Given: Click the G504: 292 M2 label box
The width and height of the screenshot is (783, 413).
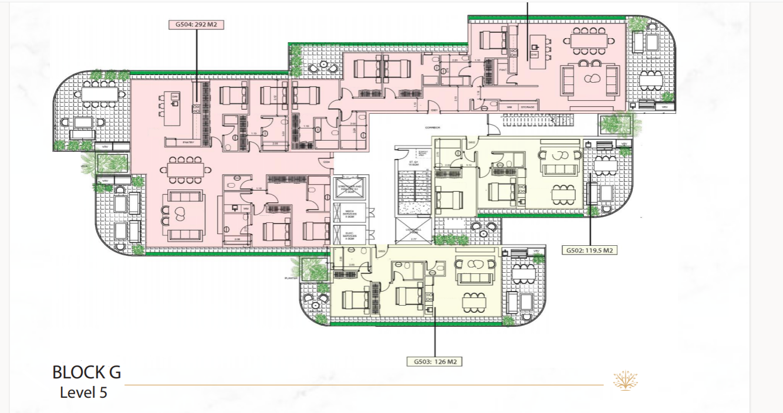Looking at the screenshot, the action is click(x=196, y=25).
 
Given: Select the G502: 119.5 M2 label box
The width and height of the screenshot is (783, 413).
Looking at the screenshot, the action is click(x=589, y=250).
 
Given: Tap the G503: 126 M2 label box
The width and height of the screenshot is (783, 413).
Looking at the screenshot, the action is click(x=434, y=361).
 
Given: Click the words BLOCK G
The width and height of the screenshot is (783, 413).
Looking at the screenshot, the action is click(x=86, y=373).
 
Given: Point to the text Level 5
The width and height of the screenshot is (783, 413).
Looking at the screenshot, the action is click(x=83, y=392).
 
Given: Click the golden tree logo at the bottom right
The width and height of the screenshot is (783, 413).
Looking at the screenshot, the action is click(x=626, y=381).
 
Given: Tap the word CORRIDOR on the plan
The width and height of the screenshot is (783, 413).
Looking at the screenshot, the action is click(x=433, y=127).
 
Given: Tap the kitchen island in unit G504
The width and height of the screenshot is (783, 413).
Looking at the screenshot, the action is click(x=170, y=109).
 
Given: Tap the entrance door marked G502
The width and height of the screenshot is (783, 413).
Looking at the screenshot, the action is click(x=471, y=143).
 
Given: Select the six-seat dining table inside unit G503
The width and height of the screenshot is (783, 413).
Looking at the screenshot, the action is click(x=474, y=302).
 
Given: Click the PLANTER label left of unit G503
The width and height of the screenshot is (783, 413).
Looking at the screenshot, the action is click(x=289, y=278).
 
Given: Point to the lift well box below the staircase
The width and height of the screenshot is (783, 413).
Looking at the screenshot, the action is click(x=413, y=231).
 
